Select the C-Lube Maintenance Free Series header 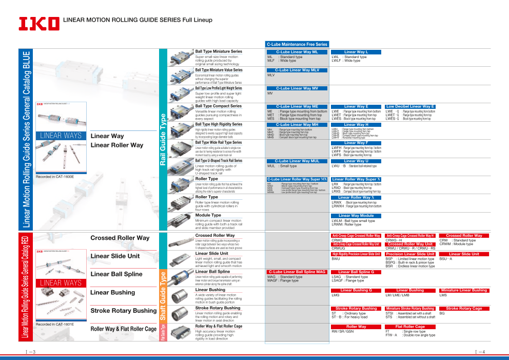point(297,45)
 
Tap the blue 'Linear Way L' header point(356,52)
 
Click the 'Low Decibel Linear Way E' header point(410,106)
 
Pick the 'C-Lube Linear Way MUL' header point(297,161)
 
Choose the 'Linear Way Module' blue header point(356,216)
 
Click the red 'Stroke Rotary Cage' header point(464,309)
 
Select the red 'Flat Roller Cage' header point(410,327)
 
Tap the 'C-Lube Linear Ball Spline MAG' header point(297,272)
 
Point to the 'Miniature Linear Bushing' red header point(464,290)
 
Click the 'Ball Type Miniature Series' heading point(219,51)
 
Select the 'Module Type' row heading point(208,215)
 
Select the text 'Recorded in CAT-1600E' point(55,177)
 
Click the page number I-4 point(481,352)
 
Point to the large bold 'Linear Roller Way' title point(116,145)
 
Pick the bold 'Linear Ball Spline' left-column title point(116,274)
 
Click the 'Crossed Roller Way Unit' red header point(410,244)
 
